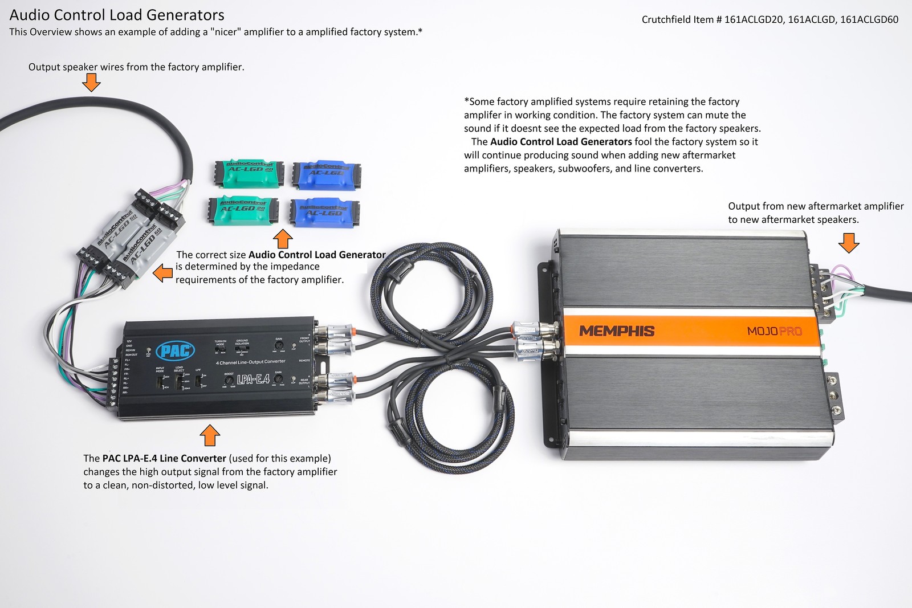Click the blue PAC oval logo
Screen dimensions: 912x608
click(x=175, y=350)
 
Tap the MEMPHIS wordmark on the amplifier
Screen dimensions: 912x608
click(x=617, y=330)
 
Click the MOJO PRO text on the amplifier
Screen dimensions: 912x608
click(x=774, y=331)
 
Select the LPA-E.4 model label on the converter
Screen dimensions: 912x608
click(x=253, y=378)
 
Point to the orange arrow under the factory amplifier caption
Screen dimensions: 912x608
click(x=91, y=84)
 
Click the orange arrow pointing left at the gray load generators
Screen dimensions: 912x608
click(x=164, y=273)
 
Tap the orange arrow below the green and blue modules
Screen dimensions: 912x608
click(x=283, y=238)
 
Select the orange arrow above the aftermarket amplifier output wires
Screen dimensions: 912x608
click(x=849, y=243)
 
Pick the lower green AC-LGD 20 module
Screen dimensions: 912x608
click(x=242, y=211)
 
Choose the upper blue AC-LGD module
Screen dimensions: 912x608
click(x=326, y=174)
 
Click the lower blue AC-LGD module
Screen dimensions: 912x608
click(x=324, y=212)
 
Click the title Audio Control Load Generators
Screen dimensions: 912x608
click(x=117, y=15)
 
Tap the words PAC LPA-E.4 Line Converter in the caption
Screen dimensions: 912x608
click(x=164, y=458)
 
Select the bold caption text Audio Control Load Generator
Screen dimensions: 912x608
click(x=317, y=255)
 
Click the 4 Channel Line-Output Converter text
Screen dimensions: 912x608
click(x=250, y=362)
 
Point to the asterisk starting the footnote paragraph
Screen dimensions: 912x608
click(x=466, y=101)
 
